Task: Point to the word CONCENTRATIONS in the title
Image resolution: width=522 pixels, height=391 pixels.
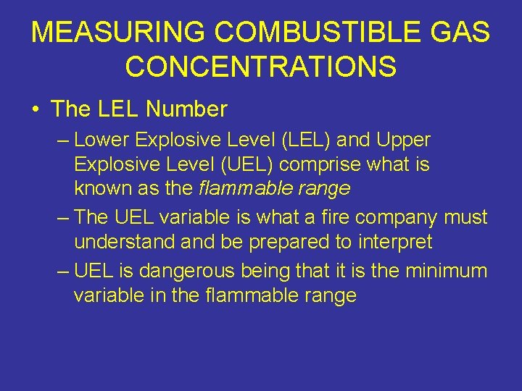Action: tap(261, 67)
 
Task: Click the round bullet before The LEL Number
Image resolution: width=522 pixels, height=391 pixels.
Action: tap(36, 110)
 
